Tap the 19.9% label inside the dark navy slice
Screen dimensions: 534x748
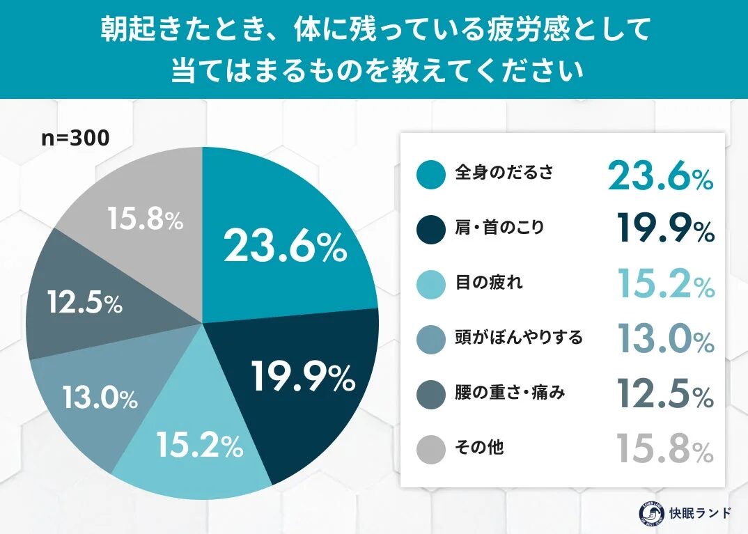303,377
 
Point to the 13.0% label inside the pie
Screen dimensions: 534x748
99,398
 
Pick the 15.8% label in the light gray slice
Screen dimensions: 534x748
145,221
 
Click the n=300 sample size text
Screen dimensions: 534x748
75,139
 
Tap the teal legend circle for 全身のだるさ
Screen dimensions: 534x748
431,174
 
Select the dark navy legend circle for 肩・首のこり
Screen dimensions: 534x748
431,229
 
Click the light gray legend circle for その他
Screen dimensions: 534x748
431,450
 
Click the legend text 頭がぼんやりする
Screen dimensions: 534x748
518,338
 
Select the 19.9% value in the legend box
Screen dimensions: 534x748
665,229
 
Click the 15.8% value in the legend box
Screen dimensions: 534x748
665,449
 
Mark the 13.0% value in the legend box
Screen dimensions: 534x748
665,339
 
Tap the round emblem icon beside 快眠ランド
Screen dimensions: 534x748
649,513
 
